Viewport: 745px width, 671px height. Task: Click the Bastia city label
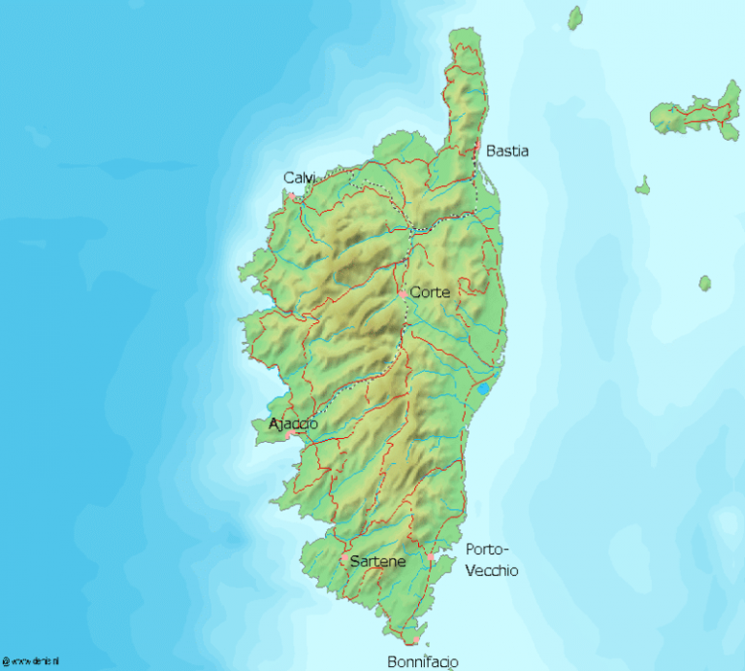click(x=507, y=151)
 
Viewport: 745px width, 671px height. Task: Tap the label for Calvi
click(x=298, y=177)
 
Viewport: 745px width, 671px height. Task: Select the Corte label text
click(x=430, y=291)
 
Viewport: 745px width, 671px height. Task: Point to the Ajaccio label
click(x=293, y=423)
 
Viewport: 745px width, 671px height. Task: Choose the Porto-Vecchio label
click(x=491, y=560)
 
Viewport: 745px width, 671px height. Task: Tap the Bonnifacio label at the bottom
click(x=422, y=662)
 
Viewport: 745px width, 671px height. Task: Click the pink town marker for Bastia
click(x=477, y=147)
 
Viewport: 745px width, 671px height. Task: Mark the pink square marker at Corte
click(x=403, y=293)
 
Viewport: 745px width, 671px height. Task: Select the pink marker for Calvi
click(x=290, y=196)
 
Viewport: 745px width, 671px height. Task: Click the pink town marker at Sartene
click(x=343, y=560)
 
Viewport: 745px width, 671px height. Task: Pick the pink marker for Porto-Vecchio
click(x=431, y=558)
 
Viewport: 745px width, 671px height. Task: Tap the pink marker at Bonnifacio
click(x=413, y=640)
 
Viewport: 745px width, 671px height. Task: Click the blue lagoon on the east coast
click(x=483, y=389)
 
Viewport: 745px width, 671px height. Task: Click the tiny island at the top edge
click(x=575, y=16)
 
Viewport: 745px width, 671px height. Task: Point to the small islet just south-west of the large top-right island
click(x=641, y=185)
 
